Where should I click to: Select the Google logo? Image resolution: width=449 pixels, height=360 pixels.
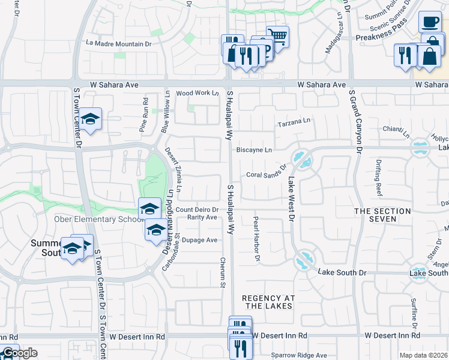(x=19, y=353)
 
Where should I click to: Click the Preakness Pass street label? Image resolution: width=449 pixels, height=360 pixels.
(x=382, y=37)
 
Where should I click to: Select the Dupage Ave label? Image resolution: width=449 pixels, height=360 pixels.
(x=200, y=239)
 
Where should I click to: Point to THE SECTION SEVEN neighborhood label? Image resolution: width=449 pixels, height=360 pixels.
(x=382, y=215)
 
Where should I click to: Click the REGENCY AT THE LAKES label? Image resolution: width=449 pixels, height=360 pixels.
(x=267, y=302)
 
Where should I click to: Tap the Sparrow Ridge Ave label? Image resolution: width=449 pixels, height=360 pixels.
(x=298, y=355)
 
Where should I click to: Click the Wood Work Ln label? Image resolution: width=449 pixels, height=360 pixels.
(x=197, y=93)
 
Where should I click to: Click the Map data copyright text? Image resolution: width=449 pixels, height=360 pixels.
(x=424, y=355)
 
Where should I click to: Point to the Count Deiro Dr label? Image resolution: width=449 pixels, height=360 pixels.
(x=196, y=209)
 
